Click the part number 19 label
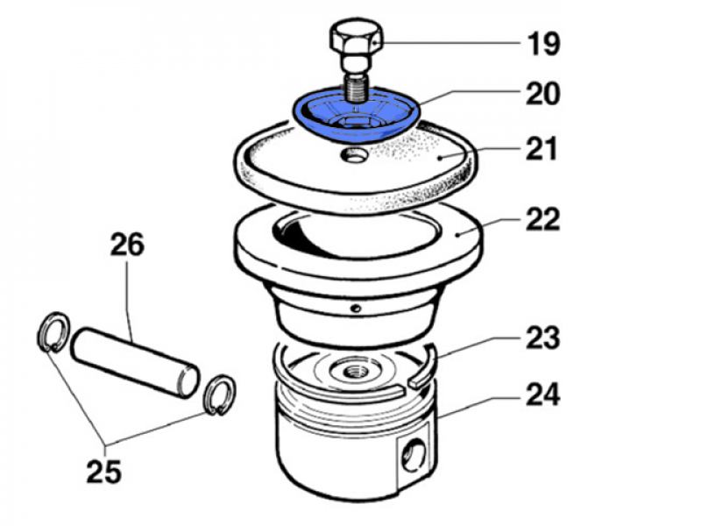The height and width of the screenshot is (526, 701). [x=542, y=42]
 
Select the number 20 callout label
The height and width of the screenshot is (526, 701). [x=542, y=94]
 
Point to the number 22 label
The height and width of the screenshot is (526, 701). [x=542, y=218]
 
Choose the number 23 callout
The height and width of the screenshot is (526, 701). [x=542, y=338]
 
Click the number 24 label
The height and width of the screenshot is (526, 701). [x=542, y=395]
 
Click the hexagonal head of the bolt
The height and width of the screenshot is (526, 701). [x=355, y=40]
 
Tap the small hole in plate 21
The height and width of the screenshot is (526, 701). [x=355, y=157]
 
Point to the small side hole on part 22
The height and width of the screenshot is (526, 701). [x=356, y=308]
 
